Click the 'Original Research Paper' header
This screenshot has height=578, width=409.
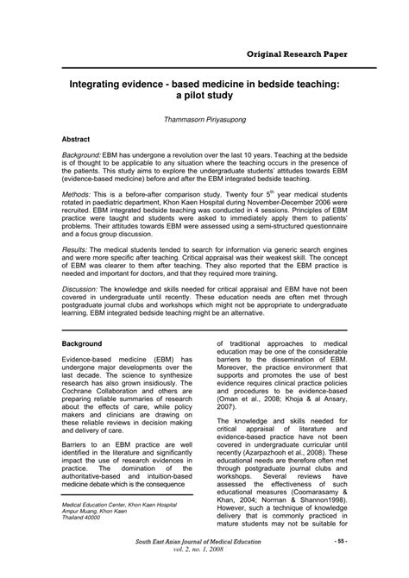coord(298,53)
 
